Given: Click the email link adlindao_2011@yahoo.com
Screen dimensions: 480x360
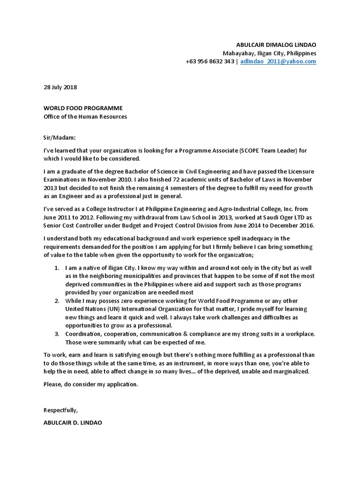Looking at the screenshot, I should point(278,61).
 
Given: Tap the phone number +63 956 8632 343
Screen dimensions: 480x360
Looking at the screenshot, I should point(210,61).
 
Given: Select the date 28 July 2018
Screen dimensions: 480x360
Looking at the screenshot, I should point(60,87).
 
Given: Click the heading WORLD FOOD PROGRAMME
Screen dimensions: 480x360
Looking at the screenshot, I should point(83,108).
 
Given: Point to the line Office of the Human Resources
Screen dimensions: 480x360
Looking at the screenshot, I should point(85,117).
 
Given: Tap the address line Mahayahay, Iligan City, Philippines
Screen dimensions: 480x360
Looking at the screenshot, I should point(270,53).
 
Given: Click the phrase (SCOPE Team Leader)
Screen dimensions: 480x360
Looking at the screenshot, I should point(266,150).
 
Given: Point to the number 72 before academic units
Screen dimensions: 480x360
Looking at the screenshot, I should point(156,180).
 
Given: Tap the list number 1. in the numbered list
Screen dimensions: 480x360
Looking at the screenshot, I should point(56,268).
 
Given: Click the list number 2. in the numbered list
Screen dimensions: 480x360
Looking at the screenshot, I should point(56,300).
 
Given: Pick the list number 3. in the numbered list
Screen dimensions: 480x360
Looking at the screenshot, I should point(56,333).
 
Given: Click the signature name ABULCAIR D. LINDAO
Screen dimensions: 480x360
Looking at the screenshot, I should point(73,422).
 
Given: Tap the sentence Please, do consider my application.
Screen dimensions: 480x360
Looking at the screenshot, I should point(91,384).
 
